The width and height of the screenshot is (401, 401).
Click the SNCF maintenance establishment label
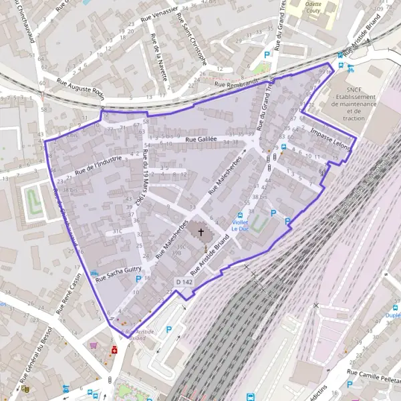click(354, 104)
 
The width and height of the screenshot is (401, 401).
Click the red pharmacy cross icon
click(114, 350)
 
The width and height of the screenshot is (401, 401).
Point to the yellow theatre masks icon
click(26, 388)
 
